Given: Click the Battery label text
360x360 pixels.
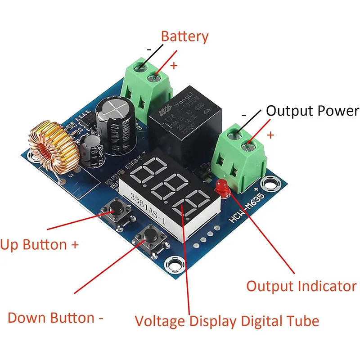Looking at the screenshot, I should (184, 37).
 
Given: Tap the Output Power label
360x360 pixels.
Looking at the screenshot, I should (312, 111).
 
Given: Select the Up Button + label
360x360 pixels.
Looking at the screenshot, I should (40, 245).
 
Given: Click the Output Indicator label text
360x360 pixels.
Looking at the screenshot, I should (301, 286).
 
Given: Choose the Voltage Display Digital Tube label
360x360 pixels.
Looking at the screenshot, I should (227, 321).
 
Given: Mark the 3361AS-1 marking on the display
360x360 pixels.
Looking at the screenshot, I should (145, 202).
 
